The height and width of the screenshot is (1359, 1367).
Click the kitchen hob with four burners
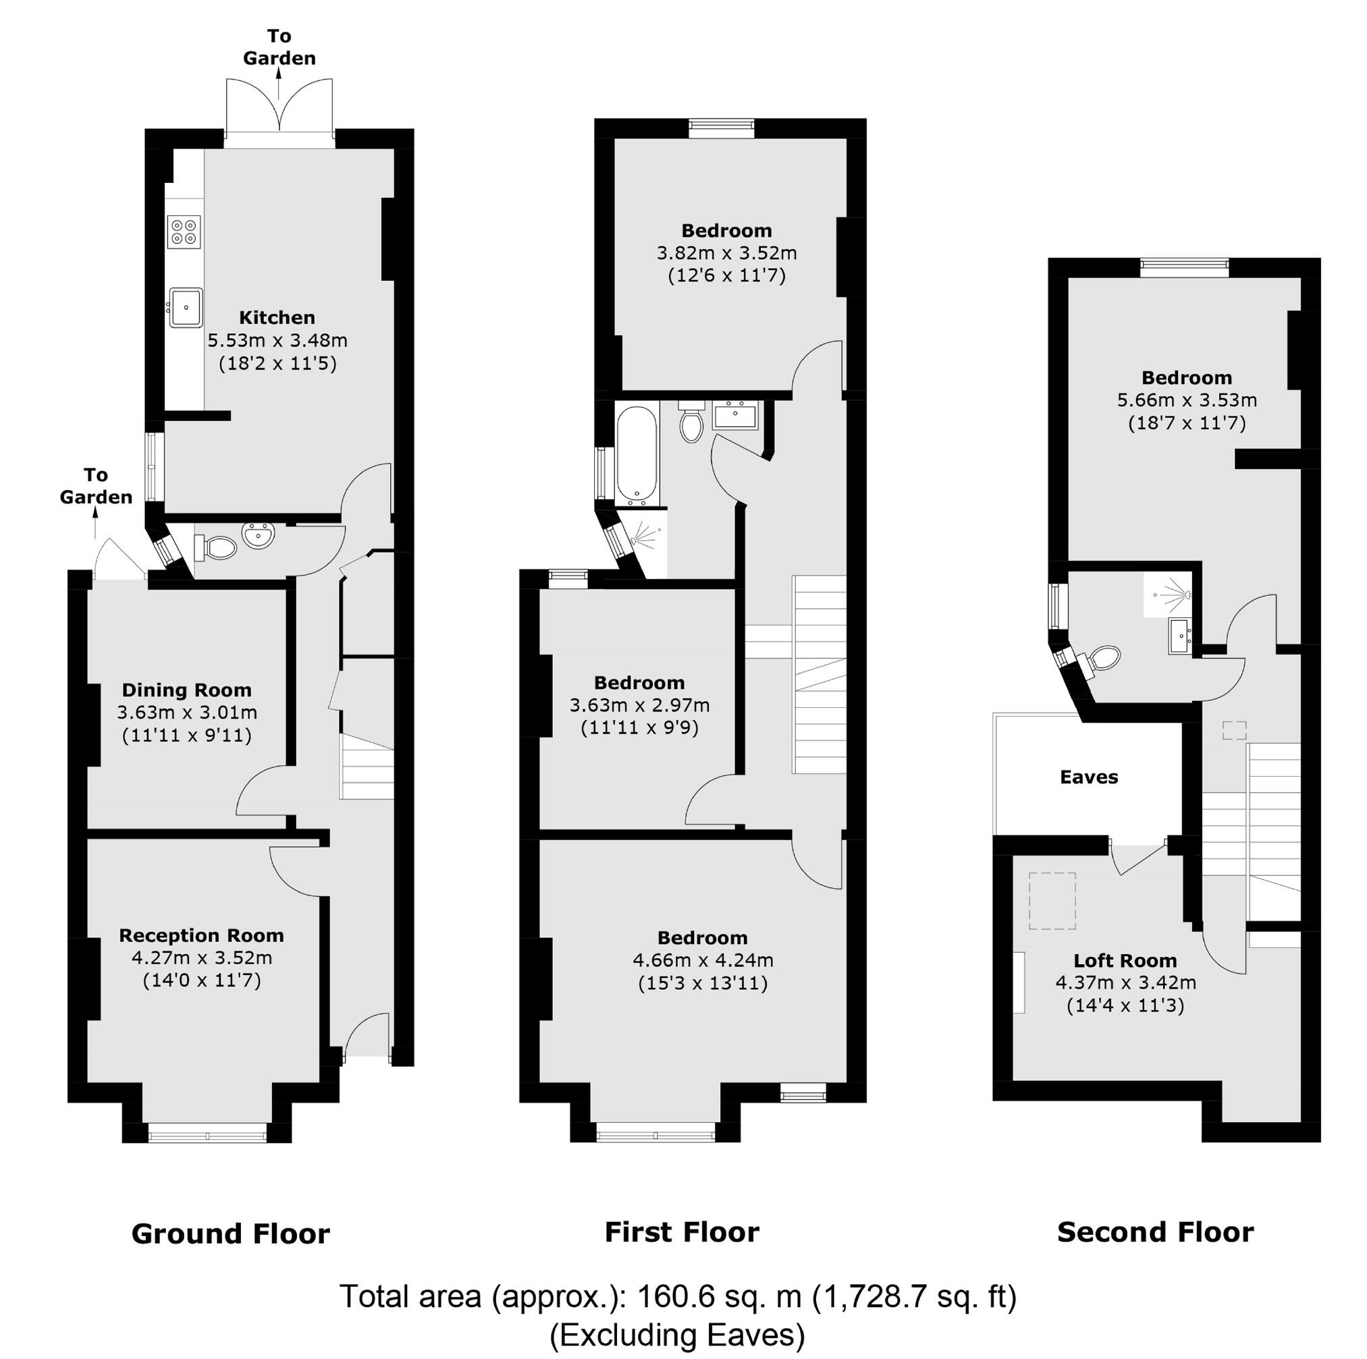click(x=184, y=231)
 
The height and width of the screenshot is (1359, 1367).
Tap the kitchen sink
click(x=186, y=307)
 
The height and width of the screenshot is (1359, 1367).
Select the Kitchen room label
click(x=277, y=317)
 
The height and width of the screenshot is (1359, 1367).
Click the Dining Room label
click(x=187, y=690)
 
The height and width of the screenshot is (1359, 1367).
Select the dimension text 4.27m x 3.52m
click(x=202, y=958)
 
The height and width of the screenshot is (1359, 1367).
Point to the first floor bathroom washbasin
click(x=736, y=415)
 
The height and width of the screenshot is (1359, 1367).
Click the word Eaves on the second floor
click(x=1089, y=777)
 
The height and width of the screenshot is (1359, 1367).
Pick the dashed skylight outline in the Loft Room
click(x=1052, y=900)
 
